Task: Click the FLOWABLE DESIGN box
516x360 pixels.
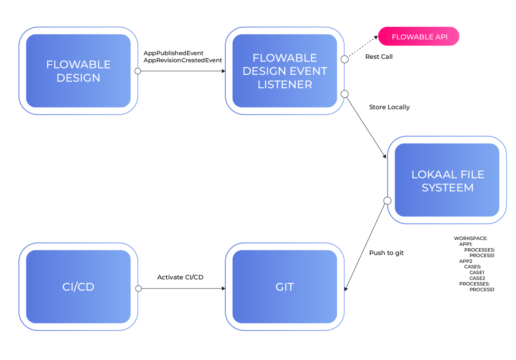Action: tap(78, 71)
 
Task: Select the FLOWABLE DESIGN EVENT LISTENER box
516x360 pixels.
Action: tap(285, 71)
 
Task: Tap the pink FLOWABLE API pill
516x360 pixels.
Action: tap(419, 37)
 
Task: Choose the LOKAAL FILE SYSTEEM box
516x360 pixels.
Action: tap(447, 180)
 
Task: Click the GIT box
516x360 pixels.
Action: tap(285, 287)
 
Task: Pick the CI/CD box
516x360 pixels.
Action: tap(78, 287)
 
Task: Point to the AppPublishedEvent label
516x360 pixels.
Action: tap(174, 53)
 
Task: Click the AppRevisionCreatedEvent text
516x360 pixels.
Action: tap(183, 60)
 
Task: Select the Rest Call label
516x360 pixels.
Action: tap(379, 57)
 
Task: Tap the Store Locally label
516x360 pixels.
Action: tap(389, 107)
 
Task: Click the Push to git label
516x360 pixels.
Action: tap(386, 253)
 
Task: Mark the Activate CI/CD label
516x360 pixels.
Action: tap(180, 277)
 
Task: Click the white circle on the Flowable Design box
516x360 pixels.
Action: tap(138, 71)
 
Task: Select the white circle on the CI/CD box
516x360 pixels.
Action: tap(138, 288)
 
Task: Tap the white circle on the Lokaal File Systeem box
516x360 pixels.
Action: tap(387, 200)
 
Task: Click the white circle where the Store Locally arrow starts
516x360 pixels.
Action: tap(344, 94)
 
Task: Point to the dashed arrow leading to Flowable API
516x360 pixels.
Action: tap(362, 48)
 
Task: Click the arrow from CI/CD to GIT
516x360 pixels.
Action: tap(182, 288)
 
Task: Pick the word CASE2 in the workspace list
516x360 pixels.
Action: tap(477, 278)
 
